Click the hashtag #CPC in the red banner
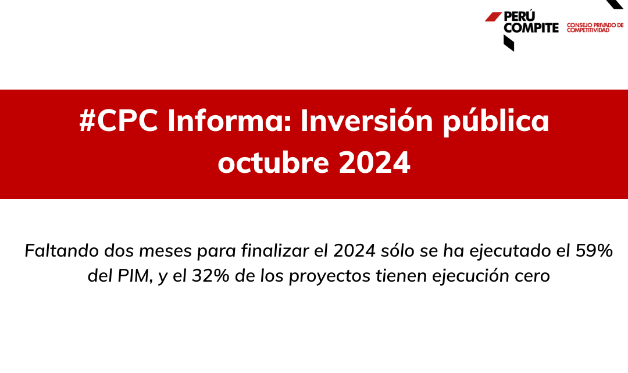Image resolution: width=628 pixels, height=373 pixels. click(x=119, y=120)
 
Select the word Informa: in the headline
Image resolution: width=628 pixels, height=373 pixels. click(x=230, y=120)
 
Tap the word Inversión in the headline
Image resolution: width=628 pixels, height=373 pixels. click(x=367, y=120)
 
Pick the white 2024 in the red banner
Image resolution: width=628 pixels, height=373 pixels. click(x=374, y=163)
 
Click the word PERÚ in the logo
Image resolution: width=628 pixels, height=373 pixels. click(x=519, y=16)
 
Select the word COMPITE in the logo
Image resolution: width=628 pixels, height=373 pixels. click(x=531, y=28)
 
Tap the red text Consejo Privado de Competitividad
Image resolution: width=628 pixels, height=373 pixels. click(x=595, y=28)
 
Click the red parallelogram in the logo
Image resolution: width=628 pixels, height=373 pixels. click(x=493, y=17)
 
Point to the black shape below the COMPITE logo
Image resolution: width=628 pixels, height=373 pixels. click(x=509, y=43)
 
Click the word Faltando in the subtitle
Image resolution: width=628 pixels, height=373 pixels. click(x=62, y=251)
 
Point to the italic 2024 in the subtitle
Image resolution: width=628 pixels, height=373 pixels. click(x=355, y=251)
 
